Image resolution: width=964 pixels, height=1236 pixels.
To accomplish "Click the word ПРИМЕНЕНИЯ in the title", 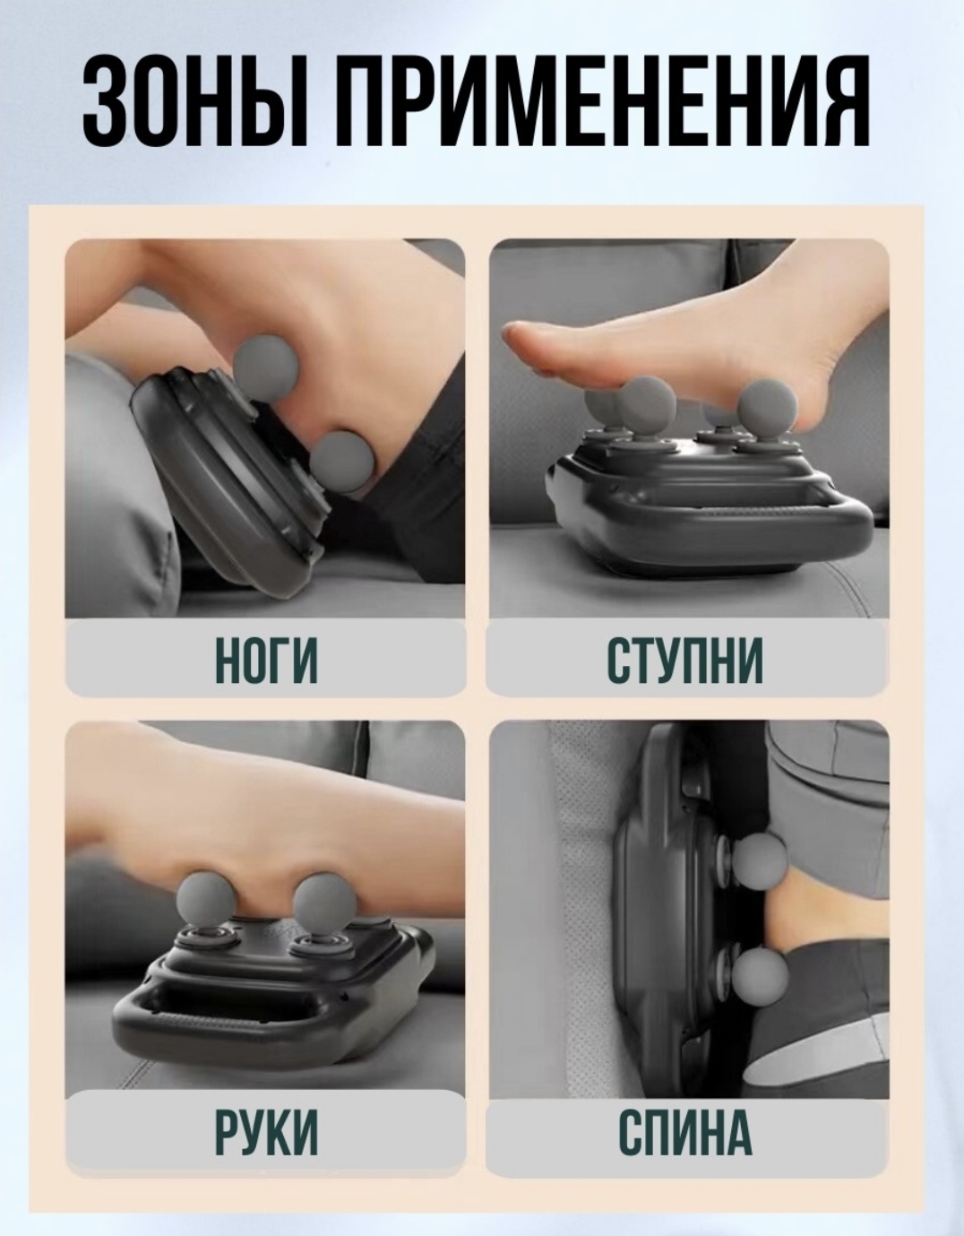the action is [x=606, y=101].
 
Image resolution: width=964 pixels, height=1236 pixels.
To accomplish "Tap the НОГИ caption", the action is [x=267, y=660].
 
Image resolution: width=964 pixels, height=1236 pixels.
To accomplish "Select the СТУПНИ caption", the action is [x=684, y=660].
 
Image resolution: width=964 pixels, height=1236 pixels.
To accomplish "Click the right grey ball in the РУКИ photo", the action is [x=324, y=905].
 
